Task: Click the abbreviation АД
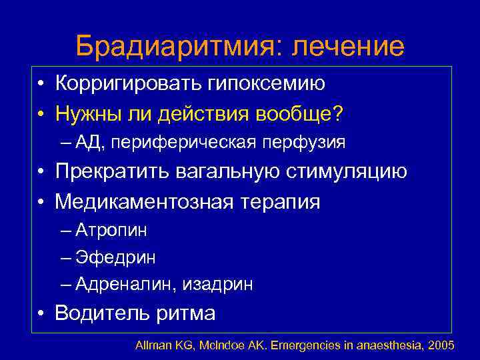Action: click(87, 142)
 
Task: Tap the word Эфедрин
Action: click(111, 257)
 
